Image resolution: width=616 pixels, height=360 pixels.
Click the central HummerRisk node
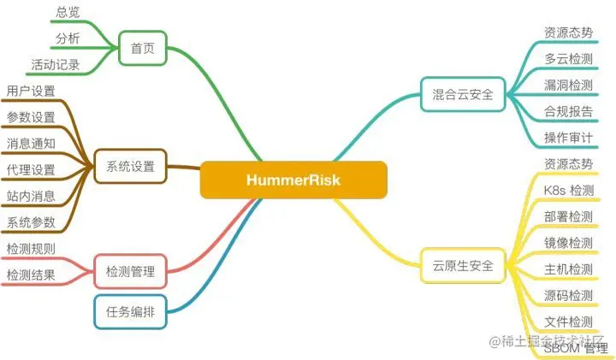[x=293, y=180]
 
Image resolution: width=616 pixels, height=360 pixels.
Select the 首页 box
[x=142, y=49]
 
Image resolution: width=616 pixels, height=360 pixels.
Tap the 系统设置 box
[x=130, y=167]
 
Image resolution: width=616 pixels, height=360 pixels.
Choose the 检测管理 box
[x=130, y=272]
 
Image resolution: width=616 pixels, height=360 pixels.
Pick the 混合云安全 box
[x=463, y=94]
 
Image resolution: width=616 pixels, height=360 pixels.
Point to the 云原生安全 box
[x=463, y=265]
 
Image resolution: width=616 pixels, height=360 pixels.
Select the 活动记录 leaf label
[x=56, y=64]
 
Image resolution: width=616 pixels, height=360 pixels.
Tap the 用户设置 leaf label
[x=31, y=91]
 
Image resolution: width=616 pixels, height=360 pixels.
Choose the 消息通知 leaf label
[x=31, y=143]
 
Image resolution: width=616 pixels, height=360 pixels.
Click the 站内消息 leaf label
[x=31, y=196]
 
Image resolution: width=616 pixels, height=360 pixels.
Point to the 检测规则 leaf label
[x=31, y=249]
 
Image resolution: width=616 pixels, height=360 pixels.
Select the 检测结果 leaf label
[x=31, y=274]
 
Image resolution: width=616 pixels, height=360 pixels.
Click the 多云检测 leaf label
[x=568, y=59]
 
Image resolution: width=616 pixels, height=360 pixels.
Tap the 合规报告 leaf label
[x=568, y=111]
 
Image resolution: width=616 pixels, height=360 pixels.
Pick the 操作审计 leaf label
[x=568, y=138]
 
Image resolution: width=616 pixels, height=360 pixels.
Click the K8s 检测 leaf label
[x=568, y=190]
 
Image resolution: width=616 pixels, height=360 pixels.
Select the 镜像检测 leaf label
[x=568, y=243]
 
